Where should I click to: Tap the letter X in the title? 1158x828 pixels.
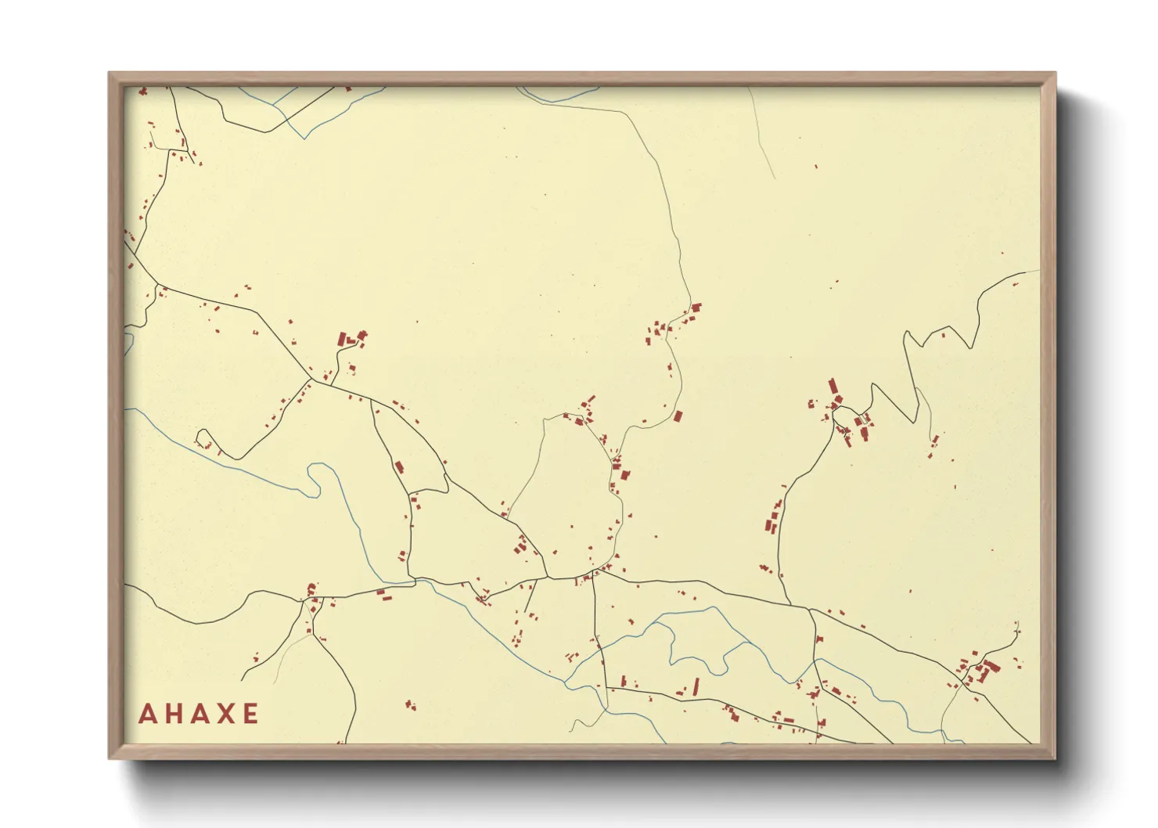(225, 714)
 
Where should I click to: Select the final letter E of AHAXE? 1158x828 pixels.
(250, 714)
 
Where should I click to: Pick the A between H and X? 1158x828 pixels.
(199, 714)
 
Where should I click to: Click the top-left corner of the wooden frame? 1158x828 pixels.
(110, 74)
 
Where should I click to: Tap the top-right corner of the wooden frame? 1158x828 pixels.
(1055, 74)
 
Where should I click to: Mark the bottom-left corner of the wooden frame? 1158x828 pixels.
(110, 758)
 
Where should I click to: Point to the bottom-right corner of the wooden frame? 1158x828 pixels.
(1055, 758)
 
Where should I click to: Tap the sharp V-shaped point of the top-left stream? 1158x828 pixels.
(305, 139)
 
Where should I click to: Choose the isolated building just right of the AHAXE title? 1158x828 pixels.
(408, 705)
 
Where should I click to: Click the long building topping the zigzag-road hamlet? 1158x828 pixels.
(833, 387)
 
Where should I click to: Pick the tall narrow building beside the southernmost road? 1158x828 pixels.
(696, 686)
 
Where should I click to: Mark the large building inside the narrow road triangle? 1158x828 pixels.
(398, 468)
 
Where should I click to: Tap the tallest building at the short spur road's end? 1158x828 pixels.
(342, 339)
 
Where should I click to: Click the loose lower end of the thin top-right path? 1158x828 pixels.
(774, 178)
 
